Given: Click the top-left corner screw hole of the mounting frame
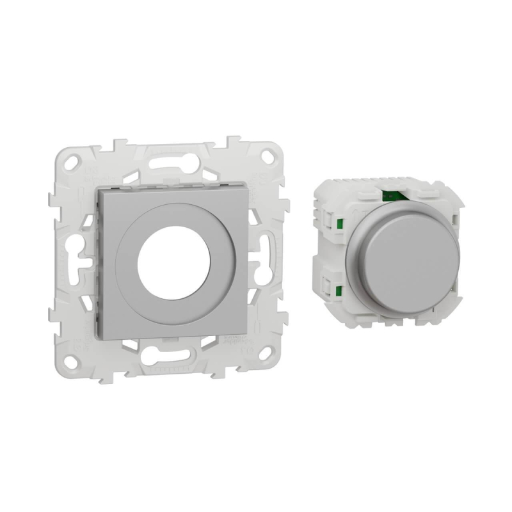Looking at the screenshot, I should pos(73,159).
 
